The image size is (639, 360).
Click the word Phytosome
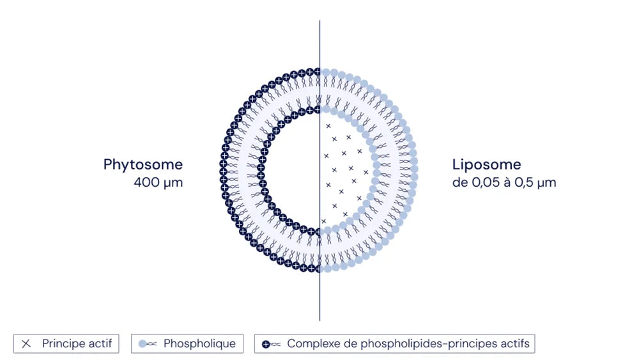(143, 165)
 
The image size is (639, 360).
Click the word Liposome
(486, 164)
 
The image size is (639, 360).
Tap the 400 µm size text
(158, 182)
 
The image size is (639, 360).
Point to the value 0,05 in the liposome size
(486, 182)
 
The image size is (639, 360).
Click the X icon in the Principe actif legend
(26, 343)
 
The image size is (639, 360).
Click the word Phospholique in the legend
(199, 343)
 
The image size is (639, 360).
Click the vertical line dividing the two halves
(320, 171)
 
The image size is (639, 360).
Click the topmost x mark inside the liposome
(328, 126)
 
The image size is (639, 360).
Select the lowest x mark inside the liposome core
(323, 221)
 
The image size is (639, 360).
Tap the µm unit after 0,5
(546, 183)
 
